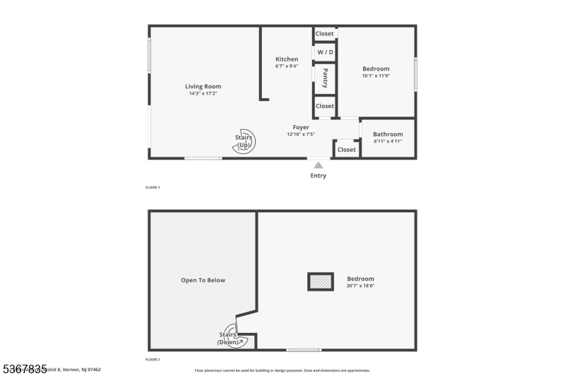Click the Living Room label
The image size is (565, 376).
pos(203,87)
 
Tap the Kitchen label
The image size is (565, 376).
pos(287,59)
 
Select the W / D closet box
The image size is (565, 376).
pos(325,53)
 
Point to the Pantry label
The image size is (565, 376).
pos(325,78)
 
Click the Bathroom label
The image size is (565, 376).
pos(388,134)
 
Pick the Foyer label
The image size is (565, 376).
pos(301,128)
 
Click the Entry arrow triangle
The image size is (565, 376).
pos(319,165)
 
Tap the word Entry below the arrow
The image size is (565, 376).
pos(319,176)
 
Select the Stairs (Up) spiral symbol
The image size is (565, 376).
pos(245,140)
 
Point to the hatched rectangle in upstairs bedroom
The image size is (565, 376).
pos(321,281)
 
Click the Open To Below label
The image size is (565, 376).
pos(203,280)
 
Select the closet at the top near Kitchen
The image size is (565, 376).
pos(325,34)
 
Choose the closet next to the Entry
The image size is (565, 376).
pos(347,150)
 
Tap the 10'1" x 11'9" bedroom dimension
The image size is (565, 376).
pos(376,75)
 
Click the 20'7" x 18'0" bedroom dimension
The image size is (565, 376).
pos(360,286)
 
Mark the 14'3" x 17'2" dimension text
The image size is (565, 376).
pos(203,94)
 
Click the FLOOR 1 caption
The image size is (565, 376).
pos(153,188)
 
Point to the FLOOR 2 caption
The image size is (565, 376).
pos(153,360)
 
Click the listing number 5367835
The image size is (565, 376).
pos(24,368)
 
